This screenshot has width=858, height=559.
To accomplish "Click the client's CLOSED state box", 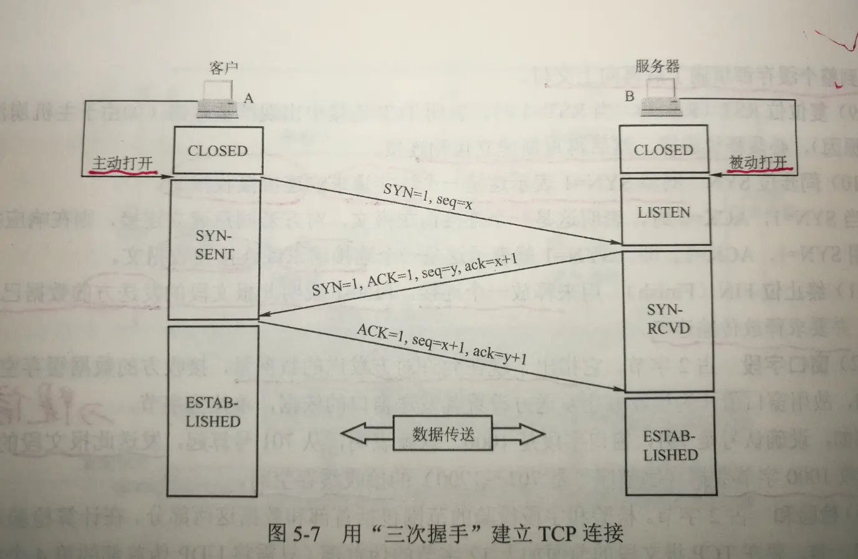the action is (x=218, y=150).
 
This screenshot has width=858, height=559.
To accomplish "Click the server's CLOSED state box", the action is (x=663, y=150).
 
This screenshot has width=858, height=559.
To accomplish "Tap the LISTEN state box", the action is (x=664, y=212).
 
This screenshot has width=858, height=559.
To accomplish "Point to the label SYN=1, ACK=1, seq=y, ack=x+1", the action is (x=415, y=276).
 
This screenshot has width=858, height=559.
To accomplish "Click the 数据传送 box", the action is (x=442, y=434).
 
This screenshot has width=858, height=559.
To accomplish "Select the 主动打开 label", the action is (x=123, y=162).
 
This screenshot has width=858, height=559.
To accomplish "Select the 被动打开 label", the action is (x=758, y=162).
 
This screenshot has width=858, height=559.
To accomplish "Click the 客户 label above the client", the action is (x=224, y=67).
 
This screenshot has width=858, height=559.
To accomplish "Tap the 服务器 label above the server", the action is (x=657, y=66).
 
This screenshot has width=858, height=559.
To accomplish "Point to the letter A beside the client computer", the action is (x=249, y=99).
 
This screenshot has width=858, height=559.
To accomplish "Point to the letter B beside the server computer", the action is (x=630, y=96).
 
